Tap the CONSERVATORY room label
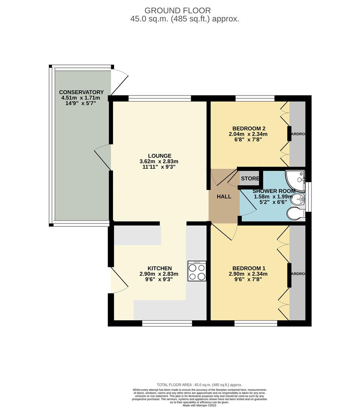tap(81, 92)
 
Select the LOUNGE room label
tap(159, 156)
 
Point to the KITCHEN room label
tap(159, 268)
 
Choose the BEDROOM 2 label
tap(249, 128)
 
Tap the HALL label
tap(224, 196)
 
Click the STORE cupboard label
tap(250, 179)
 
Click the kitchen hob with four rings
tap(197, 271)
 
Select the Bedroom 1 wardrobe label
tap(297, 274)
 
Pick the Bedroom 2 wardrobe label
tap(297, 134)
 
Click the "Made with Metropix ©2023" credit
tap(200, 405)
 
